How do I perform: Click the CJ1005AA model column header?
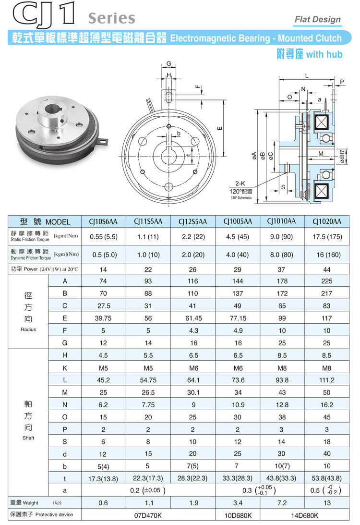[x=238, y=221]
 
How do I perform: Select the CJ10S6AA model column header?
[x=103, y=221]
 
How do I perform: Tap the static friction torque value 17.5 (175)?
[x=326, y=236]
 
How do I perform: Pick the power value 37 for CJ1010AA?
[x=282, y=269]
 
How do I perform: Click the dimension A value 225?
[x=326, y=281]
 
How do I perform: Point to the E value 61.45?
[x=192, y=318]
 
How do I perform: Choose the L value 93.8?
[x=282, y=380]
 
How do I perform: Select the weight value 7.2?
[x=282, y=502]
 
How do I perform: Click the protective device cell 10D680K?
[x=238, y=515]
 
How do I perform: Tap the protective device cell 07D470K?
[x=148, y=515]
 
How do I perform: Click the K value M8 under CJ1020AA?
[x=326, y=367]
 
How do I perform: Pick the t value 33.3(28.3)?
[x=238, y=478]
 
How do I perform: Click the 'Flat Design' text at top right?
[x=317, y=20]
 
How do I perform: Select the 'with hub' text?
[x=324, y=54]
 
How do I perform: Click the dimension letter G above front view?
[x=169, y=64]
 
